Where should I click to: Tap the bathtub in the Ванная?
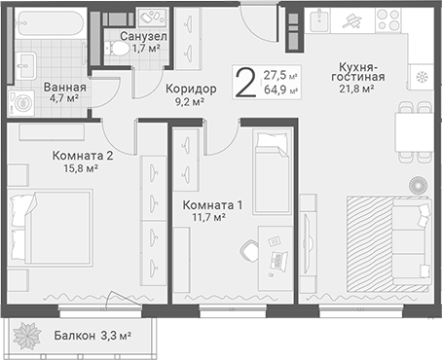click(x=50, y=23)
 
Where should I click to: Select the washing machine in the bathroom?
click(x=21, y=103)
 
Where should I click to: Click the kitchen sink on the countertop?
click(x=317, y=20)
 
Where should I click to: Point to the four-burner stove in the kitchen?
click(x=387, y=19)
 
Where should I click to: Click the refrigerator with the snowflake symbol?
click(x=422, y=77)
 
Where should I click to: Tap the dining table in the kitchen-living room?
click(x=414, y=132)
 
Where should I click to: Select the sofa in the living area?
click(x=412, y=242)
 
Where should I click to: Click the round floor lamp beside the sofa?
click(x=418, y=186)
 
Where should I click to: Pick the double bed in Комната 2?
click(x=51, y=228)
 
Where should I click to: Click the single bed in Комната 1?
click(x=273, y=171)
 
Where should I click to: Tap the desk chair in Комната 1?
click(x=249, y=250)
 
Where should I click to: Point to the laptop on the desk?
click(x=277, y=260)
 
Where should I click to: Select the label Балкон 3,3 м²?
click(x=92, y=336)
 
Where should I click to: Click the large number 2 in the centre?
click(x=245, y=83)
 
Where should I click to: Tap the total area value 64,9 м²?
click(x=280, y=90)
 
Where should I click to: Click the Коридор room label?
click(x=191, y=89)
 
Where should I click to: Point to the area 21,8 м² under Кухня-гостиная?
click(x=356, y=89)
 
